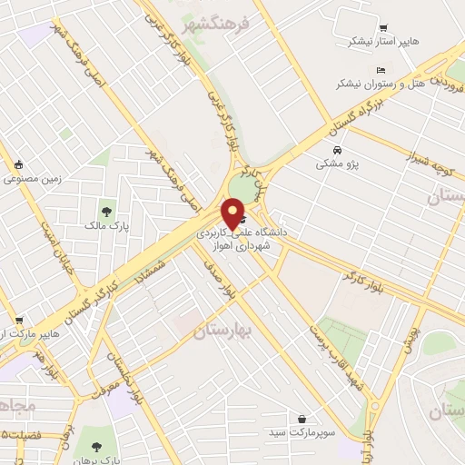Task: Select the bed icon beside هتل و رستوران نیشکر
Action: pyautogui.click(x=381, y=70)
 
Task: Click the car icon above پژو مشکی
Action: pyautogui.click(x=337, y=150)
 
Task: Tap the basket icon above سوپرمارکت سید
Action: pyautogui.click(x=302, y=420)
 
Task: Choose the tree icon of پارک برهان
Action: pyautogui.click(x=96, y=447)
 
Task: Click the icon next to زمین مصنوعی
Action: pyautogui.click(x=18, y=165)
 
